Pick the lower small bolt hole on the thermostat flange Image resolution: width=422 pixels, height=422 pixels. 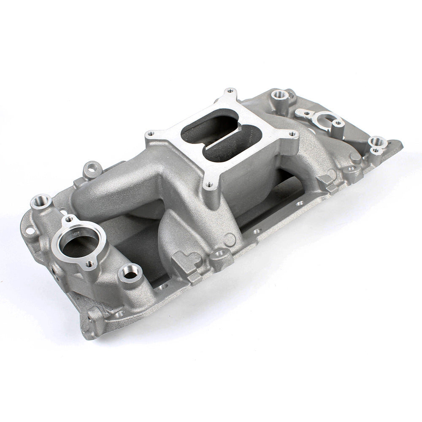coord(89,264)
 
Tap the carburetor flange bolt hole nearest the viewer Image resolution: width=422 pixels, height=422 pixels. coord(209,184)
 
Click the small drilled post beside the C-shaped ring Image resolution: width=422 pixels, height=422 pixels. coord(338,123)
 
